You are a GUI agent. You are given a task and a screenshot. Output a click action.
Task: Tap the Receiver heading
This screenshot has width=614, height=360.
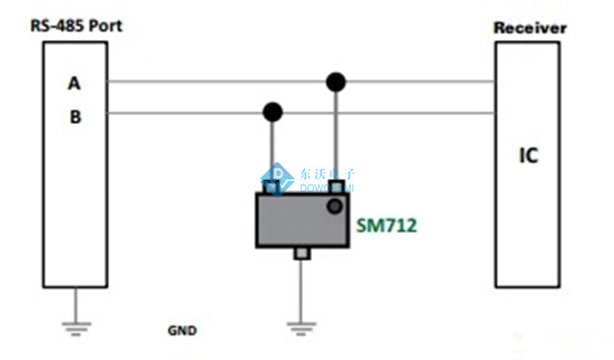click(529, 28)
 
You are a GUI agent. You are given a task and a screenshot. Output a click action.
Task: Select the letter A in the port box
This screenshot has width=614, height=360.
click(74, 84)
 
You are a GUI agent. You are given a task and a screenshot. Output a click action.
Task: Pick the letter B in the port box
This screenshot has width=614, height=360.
click(74, 116)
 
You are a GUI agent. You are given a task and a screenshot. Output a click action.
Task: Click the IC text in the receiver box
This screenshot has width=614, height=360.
click(529, 155)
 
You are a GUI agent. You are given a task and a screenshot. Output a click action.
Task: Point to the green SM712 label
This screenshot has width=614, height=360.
click(387, 225)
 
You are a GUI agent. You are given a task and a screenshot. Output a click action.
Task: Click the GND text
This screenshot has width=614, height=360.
click(181, 331)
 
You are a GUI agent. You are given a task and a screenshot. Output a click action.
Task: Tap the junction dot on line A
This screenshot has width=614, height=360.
click(337, 81)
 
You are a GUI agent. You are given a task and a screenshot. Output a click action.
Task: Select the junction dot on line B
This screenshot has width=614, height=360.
click(273, 112)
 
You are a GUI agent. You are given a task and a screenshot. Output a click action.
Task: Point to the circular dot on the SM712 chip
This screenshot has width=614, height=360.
click(336, 206)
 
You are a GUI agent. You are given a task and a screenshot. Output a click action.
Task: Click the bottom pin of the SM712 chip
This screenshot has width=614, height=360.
click(302, 255)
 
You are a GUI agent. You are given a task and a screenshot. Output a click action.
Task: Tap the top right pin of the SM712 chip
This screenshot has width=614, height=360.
click(337, 187)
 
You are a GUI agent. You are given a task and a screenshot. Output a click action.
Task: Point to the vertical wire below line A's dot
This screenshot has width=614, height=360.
click(337, 133)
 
